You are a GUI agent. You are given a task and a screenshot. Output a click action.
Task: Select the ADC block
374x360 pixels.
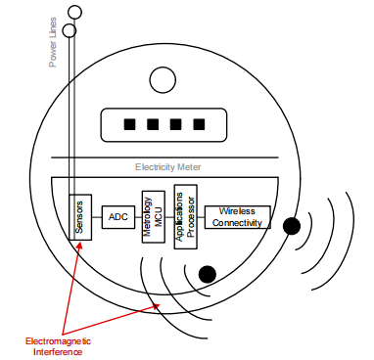[x=117, y=216]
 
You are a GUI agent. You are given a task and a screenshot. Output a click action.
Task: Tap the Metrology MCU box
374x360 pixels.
[x=150, y=216]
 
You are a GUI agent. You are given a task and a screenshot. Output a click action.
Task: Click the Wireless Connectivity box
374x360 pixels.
[x=237, y=216]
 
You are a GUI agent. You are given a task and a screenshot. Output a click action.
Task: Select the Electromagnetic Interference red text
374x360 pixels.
[x=54, y=345]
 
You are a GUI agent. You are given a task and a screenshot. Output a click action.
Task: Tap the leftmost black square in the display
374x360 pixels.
[x=127, y=125]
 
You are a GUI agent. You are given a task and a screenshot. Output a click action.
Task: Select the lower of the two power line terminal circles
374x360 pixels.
[x=69, y=30]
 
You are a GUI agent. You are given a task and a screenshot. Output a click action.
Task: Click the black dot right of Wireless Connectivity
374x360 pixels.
[x=291, y=227]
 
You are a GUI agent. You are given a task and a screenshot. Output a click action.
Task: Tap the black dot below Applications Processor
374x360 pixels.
[x=207, y=273]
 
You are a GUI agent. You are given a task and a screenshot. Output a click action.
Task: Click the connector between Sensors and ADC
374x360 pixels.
[x=96, y=216]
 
